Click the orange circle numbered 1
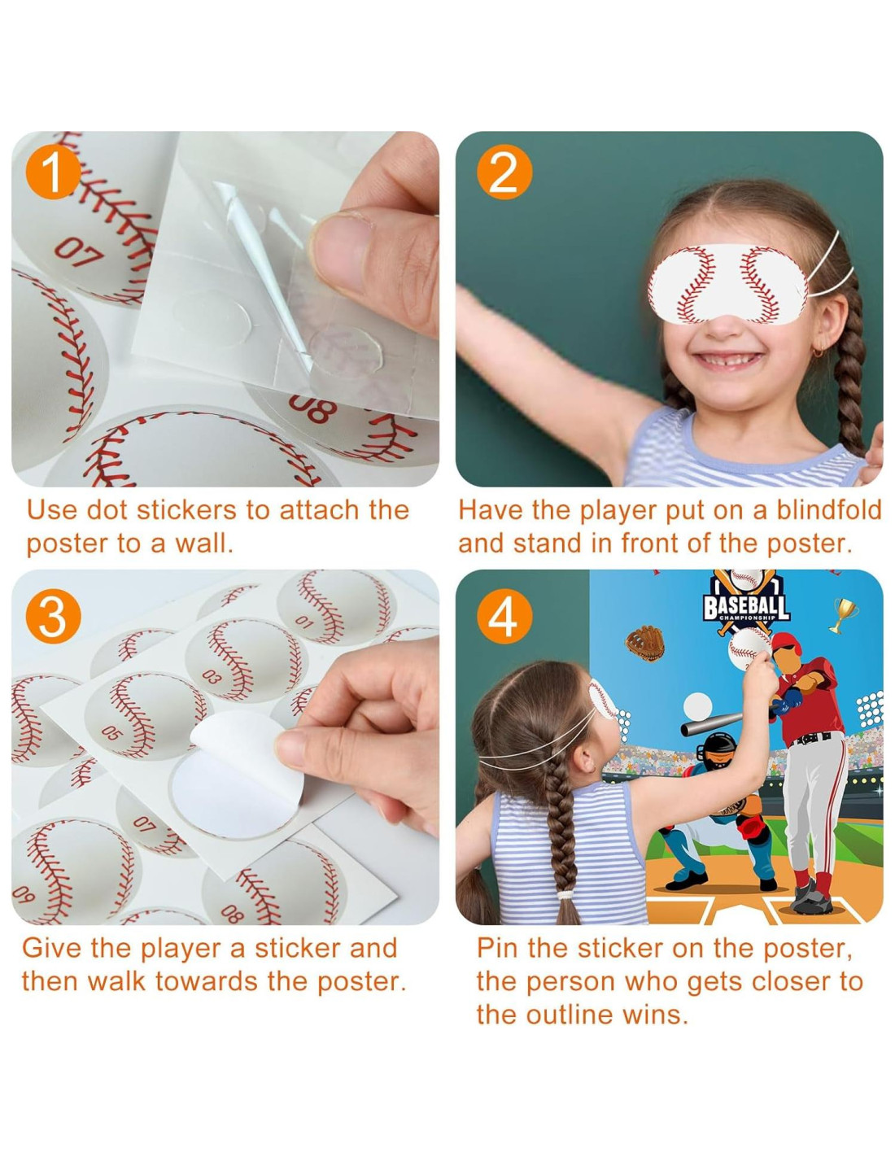[x=53, y=172]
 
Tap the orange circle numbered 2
[x=504, y=172]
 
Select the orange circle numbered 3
[x=53, y=616]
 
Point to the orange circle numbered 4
[x=504, y=616]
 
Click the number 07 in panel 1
[x=78, y=252]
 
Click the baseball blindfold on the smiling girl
[x=728, y=285]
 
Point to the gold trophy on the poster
[x=844, y=614]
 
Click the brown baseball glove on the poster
[x=644, y=642]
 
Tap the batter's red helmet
[x=787, y=643]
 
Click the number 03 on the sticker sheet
[x=211, y=677]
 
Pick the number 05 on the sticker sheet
[x=111, y=732]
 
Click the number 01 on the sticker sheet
[x=304, y=621]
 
